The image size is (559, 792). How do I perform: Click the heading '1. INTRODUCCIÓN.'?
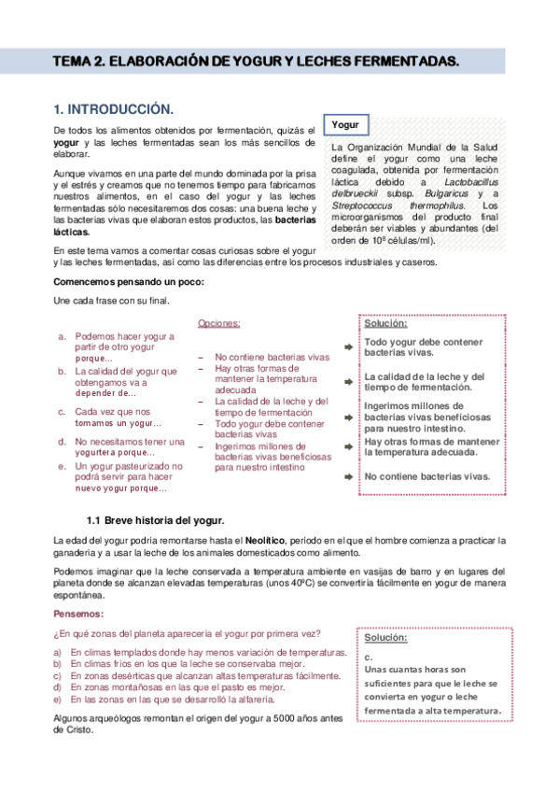click(x=113, y=109)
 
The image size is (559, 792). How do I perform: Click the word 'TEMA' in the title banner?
click(x=73, y=62)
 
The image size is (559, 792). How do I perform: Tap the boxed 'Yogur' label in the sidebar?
click(x=345, y=124)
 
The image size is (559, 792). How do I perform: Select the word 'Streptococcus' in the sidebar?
click(x=360, y=205)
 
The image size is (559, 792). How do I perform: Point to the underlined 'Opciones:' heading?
click(x=218, y=324)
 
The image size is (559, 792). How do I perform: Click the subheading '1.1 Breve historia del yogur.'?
click(x=155, y=518)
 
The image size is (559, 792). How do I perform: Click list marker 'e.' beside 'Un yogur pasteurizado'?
click(x=62, y=466)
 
